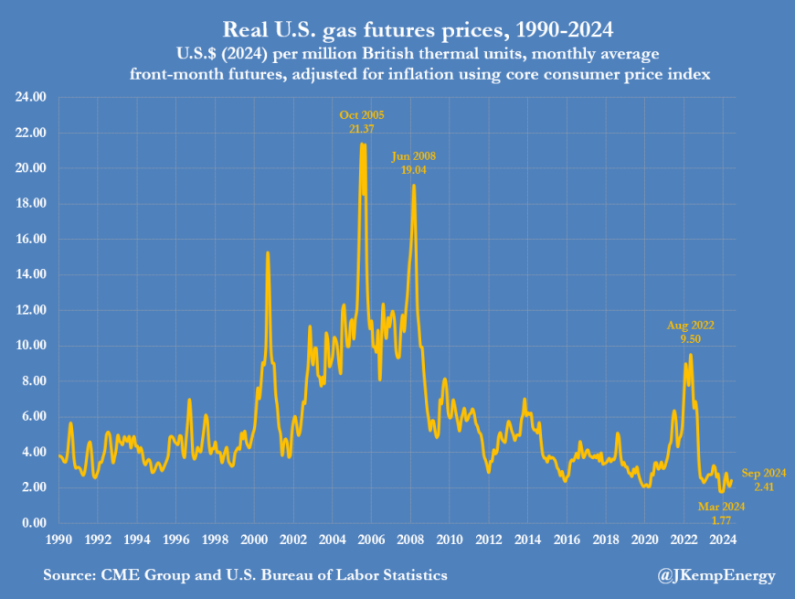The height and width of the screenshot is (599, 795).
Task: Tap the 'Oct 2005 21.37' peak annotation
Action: tap(362, 122)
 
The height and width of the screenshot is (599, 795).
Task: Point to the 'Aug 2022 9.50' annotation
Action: tap(690, 331)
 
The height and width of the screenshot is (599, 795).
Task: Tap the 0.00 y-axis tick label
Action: tap(33, 523)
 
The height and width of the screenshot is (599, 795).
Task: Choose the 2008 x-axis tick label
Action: tap(410, 539)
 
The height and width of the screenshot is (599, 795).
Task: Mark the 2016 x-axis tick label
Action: tap(567, 539)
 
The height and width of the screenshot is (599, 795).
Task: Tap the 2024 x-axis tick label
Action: tap(723, 539)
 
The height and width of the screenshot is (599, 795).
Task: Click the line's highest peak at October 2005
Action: tap(363, 144)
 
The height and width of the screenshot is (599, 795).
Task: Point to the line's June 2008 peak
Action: tap(414, 186)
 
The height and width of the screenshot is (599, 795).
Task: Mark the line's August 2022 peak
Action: tap(691, 355)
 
